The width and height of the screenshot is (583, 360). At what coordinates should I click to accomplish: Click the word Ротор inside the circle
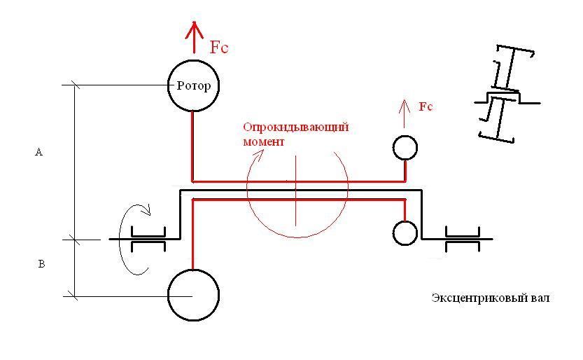click(194, 86)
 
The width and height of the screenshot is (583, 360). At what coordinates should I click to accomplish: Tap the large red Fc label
click(219, 47)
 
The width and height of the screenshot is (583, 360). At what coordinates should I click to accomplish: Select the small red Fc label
click(426, 106)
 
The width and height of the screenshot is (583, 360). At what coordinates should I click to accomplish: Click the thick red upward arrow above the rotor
click(194, 37)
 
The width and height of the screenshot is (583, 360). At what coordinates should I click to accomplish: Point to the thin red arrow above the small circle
click(405, 113)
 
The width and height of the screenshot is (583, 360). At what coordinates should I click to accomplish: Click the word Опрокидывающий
click(296, 127)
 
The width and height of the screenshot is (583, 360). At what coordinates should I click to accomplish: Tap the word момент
click(264, 141)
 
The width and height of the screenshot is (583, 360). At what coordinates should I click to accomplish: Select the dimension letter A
click(38, 152)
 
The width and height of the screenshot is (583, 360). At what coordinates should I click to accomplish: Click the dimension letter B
click(42, 264)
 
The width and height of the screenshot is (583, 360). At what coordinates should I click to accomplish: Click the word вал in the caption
click(540, 298)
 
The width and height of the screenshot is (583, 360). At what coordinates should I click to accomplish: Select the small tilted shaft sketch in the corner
click(507, 94)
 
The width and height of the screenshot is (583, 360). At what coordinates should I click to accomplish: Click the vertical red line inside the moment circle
click(296, 191)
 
